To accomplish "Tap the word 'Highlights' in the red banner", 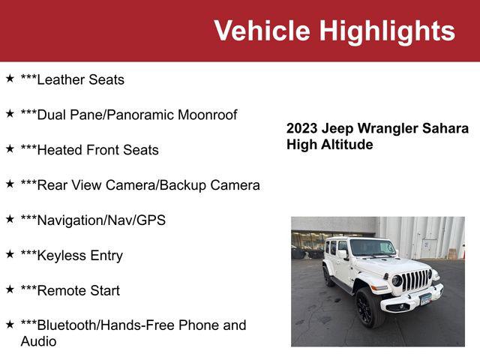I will (x=387, y=31).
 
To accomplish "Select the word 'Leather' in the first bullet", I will (x=65, y=79).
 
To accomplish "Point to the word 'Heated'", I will (x=60, y=150).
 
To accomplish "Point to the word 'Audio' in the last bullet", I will (x=38, y=341).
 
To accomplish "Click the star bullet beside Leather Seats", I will (x=10, y=78).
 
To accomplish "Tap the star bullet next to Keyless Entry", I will (x=10, y=254).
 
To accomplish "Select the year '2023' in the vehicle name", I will (x=302, y=128).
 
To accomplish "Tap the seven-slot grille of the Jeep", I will (x=416, y=280).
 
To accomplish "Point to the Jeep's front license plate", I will (x=426, y=299).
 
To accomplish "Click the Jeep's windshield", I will (x=372, y=247).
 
